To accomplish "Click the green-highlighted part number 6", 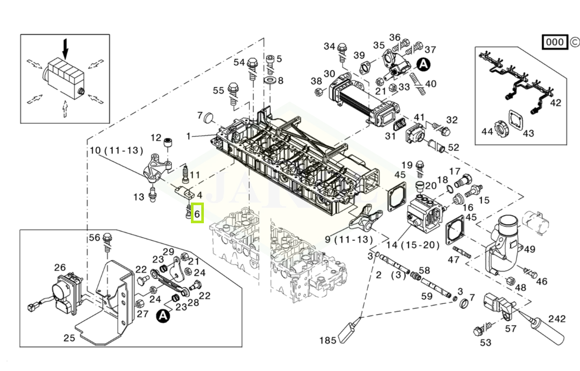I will pyautogui.click(x=197, y=212).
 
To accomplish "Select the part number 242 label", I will pyautogui.click(x=557, y=319).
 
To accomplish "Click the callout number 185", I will pyautogui.click(x=328, y=340).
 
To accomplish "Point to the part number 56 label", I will pyautogui.click(x=94, y=237).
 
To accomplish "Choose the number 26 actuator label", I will pyautogui.click(x=60, y=267).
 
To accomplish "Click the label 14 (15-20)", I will pyautogui.click(x=413, y=244).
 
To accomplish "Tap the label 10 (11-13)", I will pyautogui.click(x=116, y=151).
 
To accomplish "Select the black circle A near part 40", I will pyautogui.click(x=423, y=65).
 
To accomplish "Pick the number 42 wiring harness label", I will pyautogui.click(x=555, y=103).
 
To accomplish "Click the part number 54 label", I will pyautogui.click(x=239, y=63).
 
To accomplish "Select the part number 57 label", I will pyautogui.click(x=510, y=328).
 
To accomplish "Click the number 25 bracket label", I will pyautogui.click(x=69, y=338).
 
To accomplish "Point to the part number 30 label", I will pyautogui.click(x=330, y=74).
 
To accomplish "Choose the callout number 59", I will pyautogui.click(x=426, y=296).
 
